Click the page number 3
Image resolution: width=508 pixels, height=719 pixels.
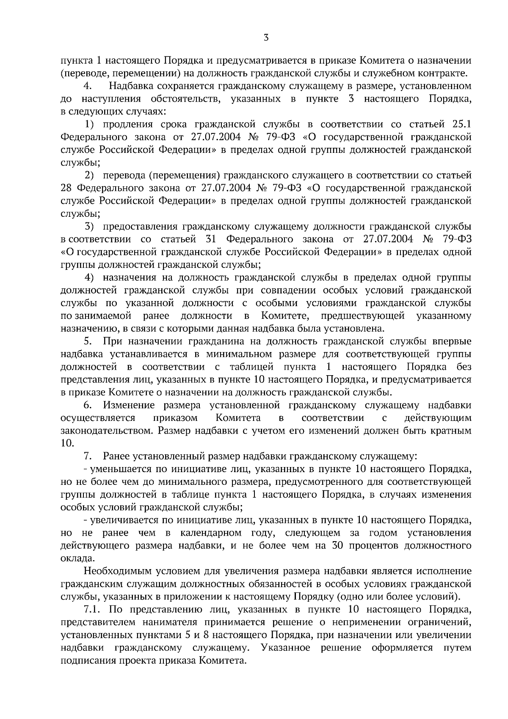(x=265, y=38)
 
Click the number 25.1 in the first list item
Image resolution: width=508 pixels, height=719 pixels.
(x=459, y=124)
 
